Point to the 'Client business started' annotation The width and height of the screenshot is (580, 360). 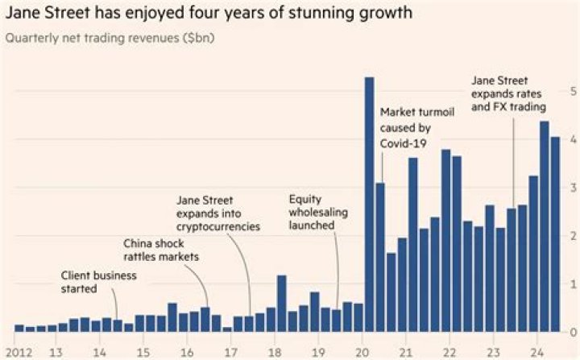[99, 281]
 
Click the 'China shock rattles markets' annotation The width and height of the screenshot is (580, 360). [160, 249]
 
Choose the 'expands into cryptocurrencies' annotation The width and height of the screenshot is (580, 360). [218, 213]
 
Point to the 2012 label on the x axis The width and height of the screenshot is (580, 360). [17, 351]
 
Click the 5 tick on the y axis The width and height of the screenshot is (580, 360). [571, 90]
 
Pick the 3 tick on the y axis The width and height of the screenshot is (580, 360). [571, 187]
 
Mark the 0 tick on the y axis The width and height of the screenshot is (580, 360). [571, 332]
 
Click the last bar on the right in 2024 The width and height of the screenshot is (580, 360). [554, 234]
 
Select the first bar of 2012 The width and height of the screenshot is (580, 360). [19, 328]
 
